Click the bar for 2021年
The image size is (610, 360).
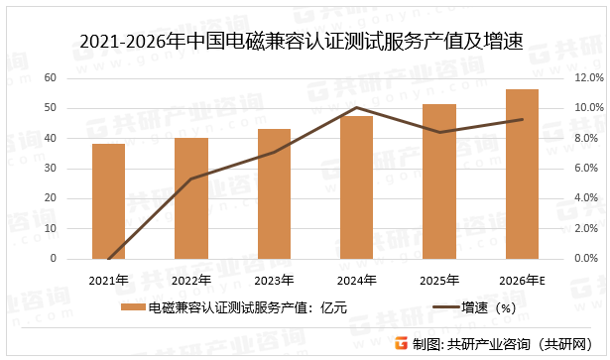coord(109,201)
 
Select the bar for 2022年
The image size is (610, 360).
coord(191,198)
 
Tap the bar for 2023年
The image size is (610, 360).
coord(274,193)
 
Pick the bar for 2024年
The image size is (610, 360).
coord(356,187)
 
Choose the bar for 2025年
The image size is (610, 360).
coord(438,181)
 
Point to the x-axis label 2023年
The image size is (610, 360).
coord(274,279)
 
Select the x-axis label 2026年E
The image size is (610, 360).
coord(522,279)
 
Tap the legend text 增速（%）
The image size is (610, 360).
coord(491,307)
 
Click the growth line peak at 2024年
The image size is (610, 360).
coord(356,107)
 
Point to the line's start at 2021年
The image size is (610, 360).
coord(109,258)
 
